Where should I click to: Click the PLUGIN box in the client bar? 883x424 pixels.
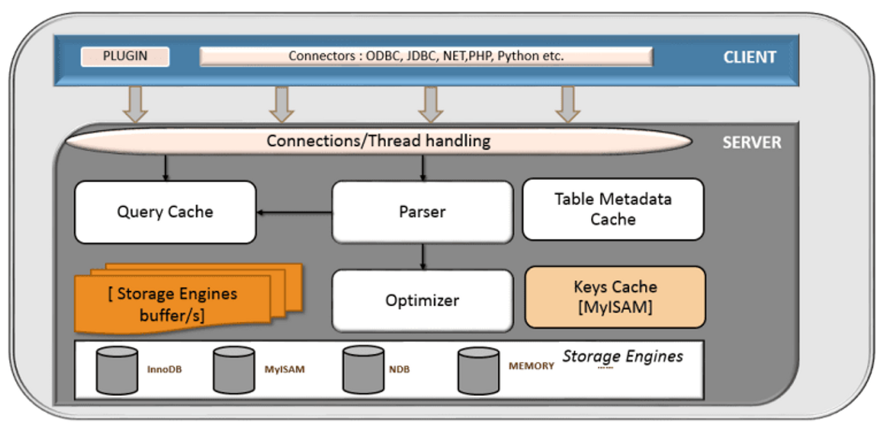(125, 57)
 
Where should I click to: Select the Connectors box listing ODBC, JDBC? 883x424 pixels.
(426, 57)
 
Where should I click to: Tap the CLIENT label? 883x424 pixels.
(749, 57)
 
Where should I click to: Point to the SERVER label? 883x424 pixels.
(752, 143)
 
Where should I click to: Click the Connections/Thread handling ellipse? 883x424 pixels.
(379, 141)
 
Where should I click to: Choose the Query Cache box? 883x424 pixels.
(165, 212)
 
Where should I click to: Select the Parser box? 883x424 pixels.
(423, 212)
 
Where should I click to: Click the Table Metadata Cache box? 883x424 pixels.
(613, 209)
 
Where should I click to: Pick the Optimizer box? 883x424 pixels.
(423, 301)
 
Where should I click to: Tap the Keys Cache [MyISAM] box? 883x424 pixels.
(615, 297)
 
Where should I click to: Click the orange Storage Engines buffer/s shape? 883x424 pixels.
(188, 299)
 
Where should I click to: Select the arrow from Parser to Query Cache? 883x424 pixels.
(295, 212)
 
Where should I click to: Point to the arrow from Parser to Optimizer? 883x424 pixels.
(423, 256)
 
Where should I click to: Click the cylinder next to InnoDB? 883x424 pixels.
(117, 370)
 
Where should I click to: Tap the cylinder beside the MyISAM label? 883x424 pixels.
(234, 370)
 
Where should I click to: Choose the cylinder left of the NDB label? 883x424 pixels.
(363, 370)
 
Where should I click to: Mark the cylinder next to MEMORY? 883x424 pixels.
(479, 371)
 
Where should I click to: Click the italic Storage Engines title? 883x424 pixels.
(622, 356)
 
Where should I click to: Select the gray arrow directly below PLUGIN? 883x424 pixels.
(135, 104)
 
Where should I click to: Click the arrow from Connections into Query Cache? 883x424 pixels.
(166, 168)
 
